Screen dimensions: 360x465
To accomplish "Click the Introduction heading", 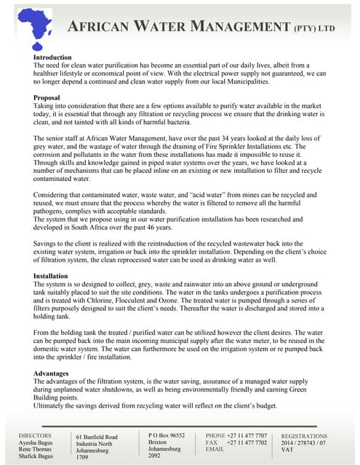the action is point(52,57).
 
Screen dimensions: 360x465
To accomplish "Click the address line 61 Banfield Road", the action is point(97,437).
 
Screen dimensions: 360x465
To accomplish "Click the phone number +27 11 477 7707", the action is point(247,435).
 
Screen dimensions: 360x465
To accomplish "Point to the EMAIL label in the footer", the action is point(215,449).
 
